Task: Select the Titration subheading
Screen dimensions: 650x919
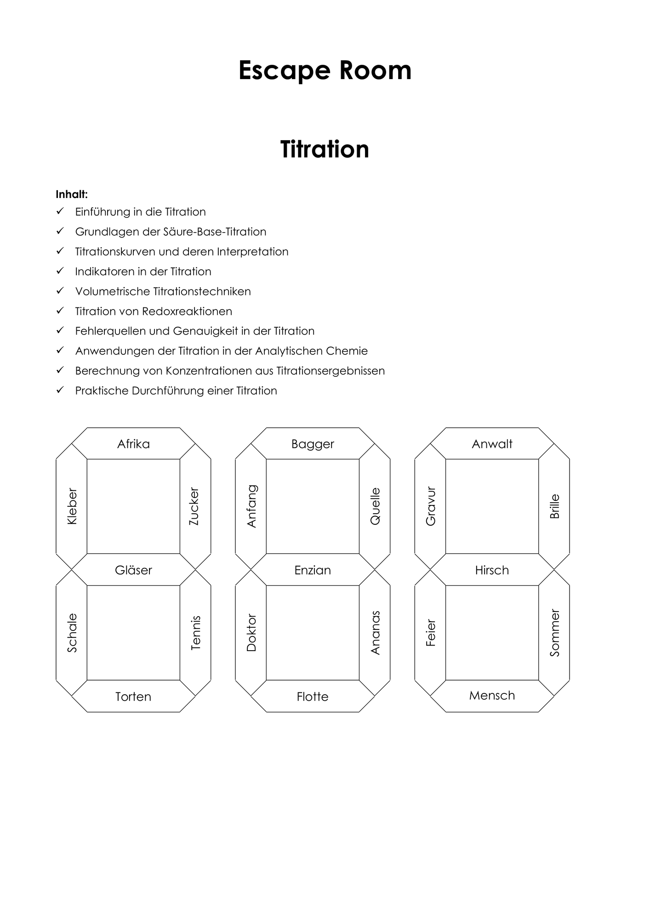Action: point(325,149)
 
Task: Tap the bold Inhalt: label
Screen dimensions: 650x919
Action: point(72,194)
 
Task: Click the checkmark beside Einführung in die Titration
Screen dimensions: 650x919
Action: point(60,211)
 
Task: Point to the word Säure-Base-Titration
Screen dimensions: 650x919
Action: point(215,232)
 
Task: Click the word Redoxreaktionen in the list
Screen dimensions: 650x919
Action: point(187,311)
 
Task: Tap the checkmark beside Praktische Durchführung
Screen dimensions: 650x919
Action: point(60,390)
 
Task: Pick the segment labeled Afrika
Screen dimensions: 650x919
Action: point(133,443)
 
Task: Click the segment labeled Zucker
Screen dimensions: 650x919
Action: point(195,506)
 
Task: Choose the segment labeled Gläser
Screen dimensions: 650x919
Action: point(133,570)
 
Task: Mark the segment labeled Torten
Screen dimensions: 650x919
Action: point(133,696)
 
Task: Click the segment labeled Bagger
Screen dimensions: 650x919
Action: point(313,443)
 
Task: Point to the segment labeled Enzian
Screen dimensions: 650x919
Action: point(313,570)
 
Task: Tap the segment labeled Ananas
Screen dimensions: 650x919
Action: point(375,633)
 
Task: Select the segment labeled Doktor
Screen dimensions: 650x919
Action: point(251,633)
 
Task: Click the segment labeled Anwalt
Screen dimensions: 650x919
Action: point(492,443)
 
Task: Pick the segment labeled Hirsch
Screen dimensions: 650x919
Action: point(492,570)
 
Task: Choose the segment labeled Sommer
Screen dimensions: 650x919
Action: point(554,633)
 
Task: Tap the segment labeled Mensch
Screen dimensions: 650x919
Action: point(492,696)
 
